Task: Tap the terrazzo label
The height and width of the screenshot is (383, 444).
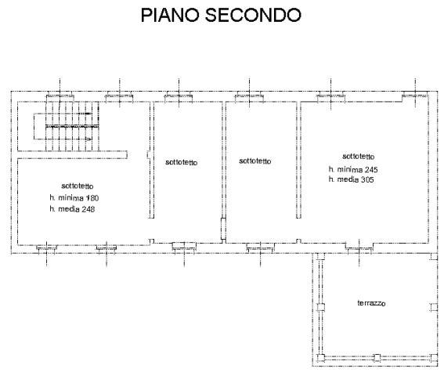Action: point(374,303)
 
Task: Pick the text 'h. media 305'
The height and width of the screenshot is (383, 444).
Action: point(351,179)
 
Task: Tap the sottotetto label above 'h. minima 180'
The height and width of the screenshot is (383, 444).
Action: point(78,186)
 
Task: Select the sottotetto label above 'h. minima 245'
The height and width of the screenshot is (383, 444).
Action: point(359,155)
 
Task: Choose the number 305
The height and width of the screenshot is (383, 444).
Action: point(366,179)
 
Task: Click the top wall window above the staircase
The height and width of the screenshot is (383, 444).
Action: point(60,95)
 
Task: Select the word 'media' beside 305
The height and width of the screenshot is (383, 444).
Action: point(348,179)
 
